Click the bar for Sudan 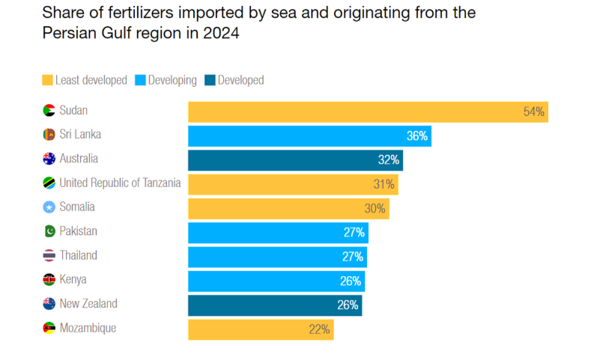click(x=367, y=112)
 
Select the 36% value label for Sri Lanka click(x=416, y=136)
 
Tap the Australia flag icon click(x=49, y=159)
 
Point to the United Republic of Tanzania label click(x=120, y=183)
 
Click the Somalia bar click(x=288, y=208)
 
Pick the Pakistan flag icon click(x=49, y=231)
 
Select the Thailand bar click(x=277, y=257)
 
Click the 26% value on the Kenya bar click(x=351, y=281)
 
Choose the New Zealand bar click(x=275, y=305)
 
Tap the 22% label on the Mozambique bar click(x=319, y=329)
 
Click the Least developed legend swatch click(x=47, y=80)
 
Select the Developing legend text click(x=172, y=80)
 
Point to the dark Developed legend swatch click(x=210, y=80)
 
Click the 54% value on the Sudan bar click(x=534, y=112)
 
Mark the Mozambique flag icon click(x=49, y=329)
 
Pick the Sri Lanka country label click(x=80, y=135)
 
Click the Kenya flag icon click(x=49, y=280)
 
